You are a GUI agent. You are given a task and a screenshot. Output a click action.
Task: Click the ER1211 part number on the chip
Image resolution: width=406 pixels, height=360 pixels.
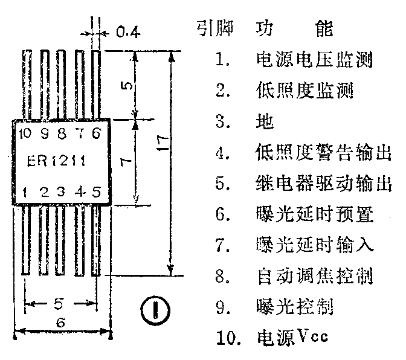57,161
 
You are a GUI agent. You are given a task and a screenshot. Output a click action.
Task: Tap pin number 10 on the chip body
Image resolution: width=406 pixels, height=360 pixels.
25,133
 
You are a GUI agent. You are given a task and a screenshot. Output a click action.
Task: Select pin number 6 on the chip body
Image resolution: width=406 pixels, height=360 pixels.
96,133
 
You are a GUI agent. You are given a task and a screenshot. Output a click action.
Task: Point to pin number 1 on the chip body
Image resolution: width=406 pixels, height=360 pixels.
25,192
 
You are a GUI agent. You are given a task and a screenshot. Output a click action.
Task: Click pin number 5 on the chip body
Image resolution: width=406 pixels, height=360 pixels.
96,192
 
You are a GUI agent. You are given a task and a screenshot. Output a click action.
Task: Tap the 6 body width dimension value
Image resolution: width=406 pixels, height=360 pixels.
60,323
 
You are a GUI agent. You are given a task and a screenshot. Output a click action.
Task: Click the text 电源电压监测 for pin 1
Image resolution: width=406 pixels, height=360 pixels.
314,60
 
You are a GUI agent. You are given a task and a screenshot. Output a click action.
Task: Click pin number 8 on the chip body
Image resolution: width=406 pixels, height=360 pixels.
61,133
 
